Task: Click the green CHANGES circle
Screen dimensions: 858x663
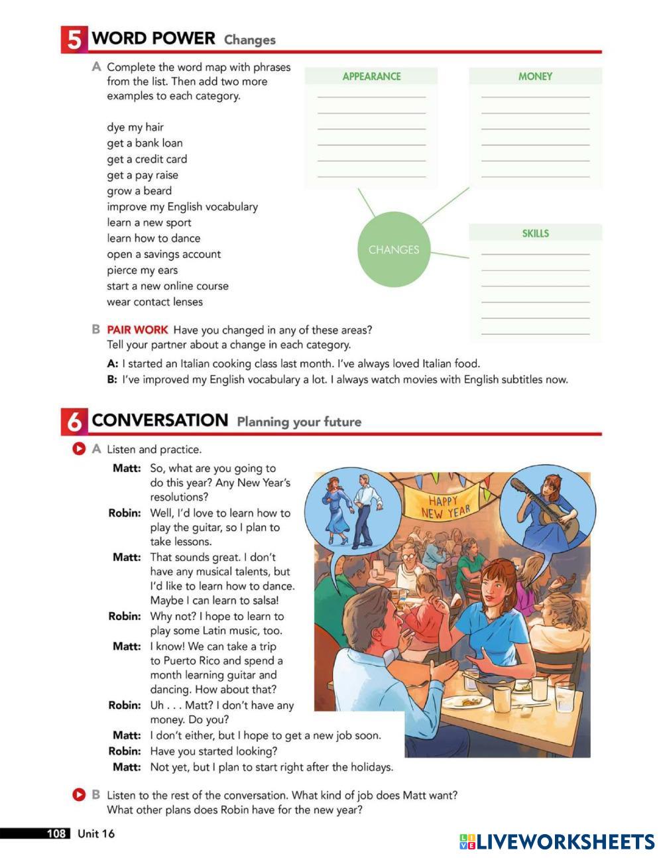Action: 394,249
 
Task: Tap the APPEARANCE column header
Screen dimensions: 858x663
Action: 371,76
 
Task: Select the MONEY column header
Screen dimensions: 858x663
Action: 535,76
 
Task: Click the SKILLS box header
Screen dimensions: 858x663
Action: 535,233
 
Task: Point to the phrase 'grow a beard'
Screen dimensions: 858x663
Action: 139,191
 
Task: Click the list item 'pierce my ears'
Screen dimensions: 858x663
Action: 142,270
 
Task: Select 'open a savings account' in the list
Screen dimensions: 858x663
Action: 164,254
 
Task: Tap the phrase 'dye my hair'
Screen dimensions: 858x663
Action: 135,127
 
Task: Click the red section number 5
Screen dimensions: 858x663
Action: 74,40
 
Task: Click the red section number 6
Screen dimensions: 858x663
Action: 74,422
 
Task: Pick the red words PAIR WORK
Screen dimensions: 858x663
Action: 137,330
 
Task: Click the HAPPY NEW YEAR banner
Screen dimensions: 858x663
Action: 446,506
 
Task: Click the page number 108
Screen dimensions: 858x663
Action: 56,833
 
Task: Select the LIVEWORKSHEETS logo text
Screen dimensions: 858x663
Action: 565,842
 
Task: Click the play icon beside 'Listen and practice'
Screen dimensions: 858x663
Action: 79,449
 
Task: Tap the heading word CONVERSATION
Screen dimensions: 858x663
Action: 160,420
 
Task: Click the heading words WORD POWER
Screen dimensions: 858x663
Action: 153,38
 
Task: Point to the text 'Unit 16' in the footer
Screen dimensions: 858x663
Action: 96,833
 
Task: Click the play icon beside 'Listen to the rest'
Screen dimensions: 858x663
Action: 79,794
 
